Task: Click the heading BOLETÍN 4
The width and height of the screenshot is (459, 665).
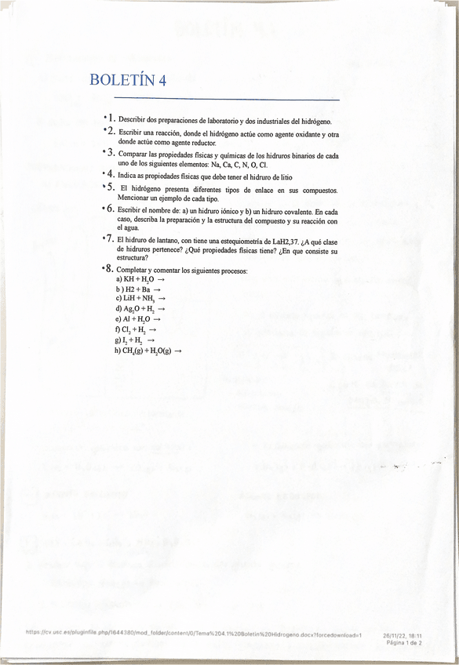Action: pyautogui.click(x=128, y=80)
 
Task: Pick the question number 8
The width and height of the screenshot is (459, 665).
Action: pyautogui.click(x=111, y=269)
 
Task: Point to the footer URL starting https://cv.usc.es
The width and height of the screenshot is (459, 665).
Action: pyautogui.click(x=193, y=634)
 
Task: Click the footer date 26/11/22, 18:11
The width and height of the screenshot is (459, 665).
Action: pyautogui.click(x=403, y=634)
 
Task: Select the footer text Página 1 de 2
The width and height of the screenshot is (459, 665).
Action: pyautogui.click(x=404, y=641)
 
